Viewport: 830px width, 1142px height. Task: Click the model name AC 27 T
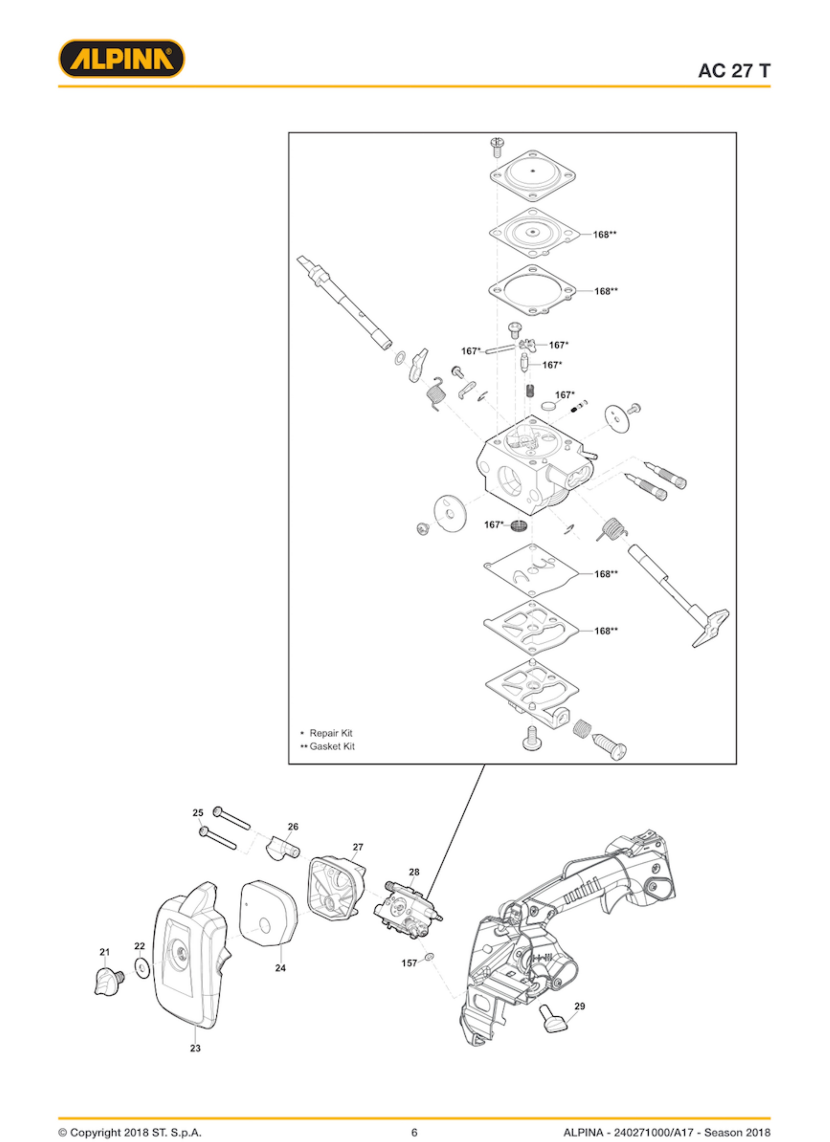click(734, 70)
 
